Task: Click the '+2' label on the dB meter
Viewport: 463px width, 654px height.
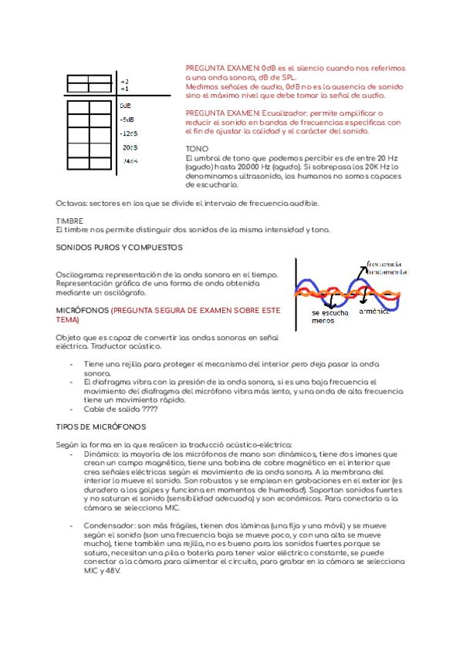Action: click(x=125, y=81)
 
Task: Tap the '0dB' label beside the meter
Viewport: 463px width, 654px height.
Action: click(x=126, y=106)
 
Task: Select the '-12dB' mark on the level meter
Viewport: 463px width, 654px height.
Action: click(x=128, y=133)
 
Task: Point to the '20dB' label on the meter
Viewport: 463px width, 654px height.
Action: click(x=130, y=147)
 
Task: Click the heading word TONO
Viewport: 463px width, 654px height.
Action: click(x=197, y=148)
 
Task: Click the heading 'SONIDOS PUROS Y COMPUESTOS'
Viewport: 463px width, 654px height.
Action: click(x=119, y=248)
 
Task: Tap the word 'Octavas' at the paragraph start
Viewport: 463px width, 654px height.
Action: click(x=71, y=203)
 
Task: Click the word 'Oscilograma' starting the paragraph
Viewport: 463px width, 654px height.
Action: click(x=79, y=275)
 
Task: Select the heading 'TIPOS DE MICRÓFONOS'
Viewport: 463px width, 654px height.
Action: click(x=100, y=426)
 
